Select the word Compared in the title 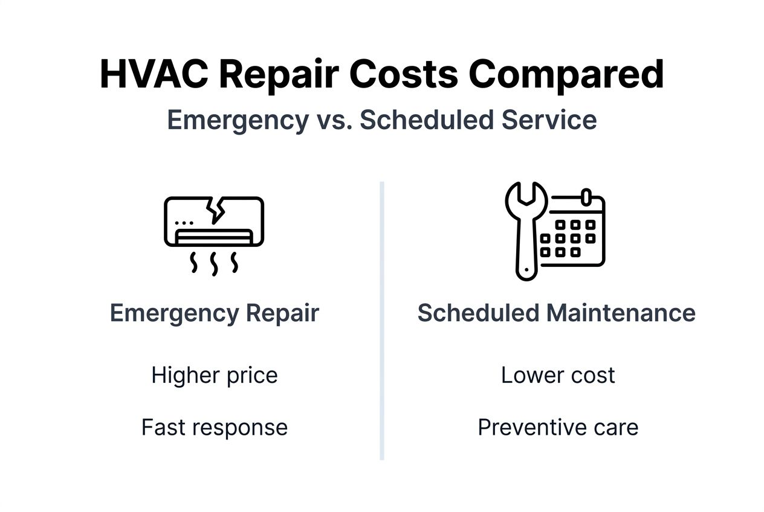tap(566, 75)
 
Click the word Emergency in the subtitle tap(238, 120)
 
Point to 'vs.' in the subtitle tap(333, 120)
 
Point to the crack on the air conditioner tap(215, 209)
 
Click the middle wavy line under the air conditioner tap(214, 264)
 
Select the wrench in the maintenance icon tap(524, 232)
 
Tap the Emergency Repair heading tap(214, 313)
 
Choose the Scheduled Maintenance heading tap(556, 313)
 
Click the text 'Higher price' tap(214, 376)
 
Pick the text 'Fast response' tap(214, 427)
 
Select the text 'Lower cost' tap(557, 376)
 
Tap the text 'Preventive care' tap(557, 427)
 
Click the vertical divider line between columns tap(382, 320)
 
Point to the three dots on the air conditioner tap(184, 223)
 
